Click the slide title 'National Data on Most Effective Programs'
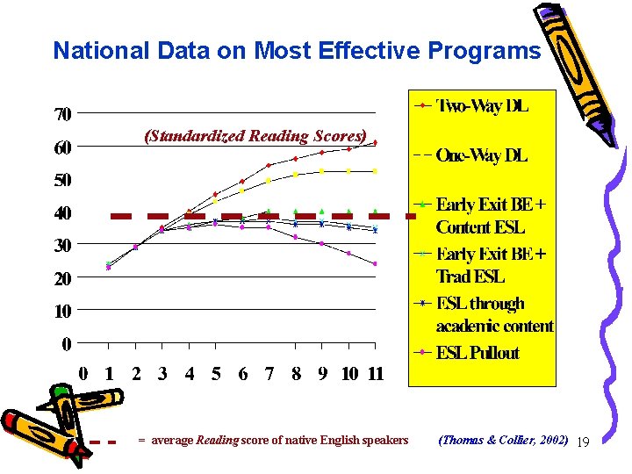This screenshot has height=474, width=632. point(297,51)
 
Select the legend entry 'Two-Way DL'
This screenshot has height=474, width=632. point(483,106)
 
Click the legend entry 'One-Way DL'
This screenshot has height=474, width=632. point(482,155)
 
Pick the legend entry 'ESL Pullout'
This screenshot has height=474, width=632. point(478,353)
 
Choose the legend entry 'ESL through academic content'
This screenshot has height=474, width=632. point(494,314)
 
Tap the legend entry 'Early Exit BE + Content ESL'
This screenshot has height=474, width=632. point(492,216)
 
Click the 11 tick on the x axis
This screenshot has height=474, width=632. point(375,374)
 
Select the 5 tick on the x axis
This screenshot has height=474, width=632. point(216,374)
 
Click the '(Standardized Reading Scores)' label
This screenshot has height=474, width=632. point(255,136)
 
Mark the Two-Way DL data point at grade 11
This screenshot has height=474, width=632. point(375,142)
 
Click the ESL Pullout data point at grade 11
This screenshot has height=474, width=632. point(375,263)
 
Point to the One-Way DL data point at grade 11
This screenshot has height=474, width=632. point(375,171)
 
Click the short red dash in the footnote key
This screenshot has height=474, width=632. point(104,442)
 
